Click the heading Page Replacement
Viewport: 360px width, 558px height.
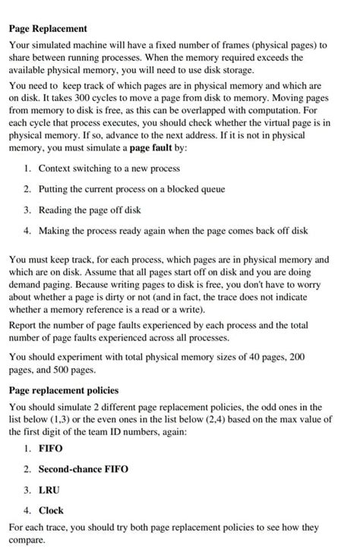[x=48, y=29]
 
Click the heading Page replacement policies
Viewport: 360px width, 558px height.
[x=64, y=390]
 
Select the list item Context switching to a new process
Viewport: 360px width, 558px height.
[x=109, y=168]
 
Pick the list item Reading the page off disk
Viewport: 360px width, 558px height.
[x=90, y=210]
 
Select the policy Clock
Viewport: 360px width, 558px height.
[x=51, y=510]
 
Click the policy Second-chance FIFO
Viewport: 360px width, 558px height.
[x=84, y=469]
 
